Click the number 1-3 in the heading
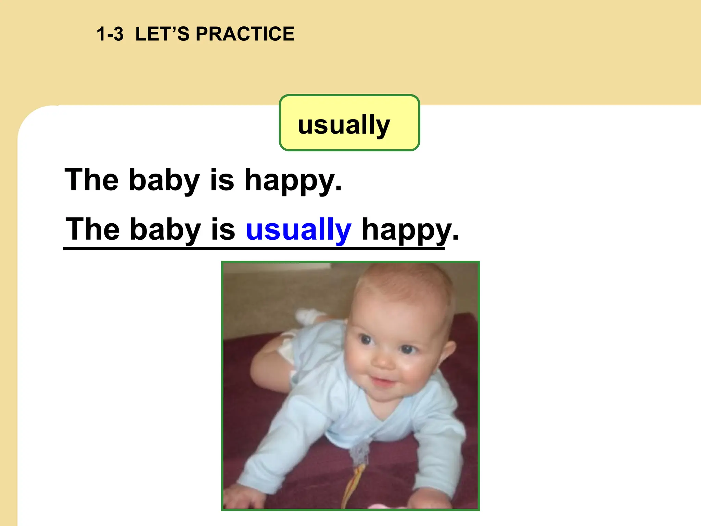pyautogui.click(x=110, y=34)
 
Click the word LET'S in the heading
pyautogui.click(x=162, y=34)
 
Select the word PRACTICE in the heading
pyautogui.click(x=245, y=34)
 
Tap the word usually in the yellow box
pyautogui.click(x=344, y=125)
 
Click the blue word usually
pyautogui.click(x=298, y=229)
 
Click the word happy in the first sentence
pyautogui.click(x=290, y=181)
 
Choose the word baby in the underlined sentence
pyautogui.click(x=165, y=229)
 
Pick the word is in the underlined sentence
pyautogui.click(x=223, y=229)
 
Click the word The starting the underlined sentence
pyautogui.click(x=92, y=229)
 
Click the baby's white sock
pyautogui.click(x=310, y=315)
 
